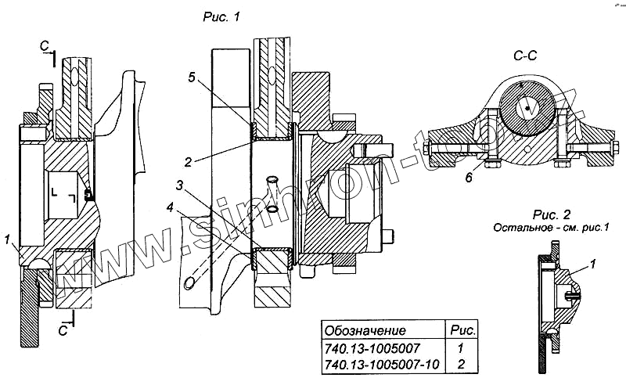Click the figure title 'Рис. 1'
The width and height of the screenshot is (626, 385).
pyautogui.click(x=221, y=17)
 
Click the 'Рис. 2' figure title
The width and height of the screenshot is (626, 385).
pyautogui.click(x=552, y=214)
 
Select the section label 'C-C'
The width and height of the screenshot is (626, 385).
pyautogui.click(x=525, y=56)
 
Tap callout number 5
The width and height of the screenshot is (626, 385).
pyautogui.click(x=192, y=77)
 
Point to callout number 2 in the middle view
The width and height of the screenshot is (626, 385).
pyautogui.click(x=188, y=162)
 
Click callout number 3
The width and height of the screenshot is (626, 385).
pyautogui.click(x=180, y=185)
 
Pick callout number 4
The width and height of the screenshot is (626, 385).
pyautogui.click(x=170, y=207)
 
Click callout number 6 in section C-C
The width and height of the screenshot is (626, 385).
pyautogui.click(x=469, y=177)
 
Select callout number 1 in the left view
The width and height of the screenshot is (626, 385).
pyautogui.click(x=7, y=239)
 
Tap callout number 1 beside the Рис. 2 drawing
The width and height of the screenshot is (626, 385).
pyautogui.click(x=593, y=264)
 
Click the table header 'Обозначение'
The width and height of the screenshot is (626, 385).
pyautogui.click(x=365, y=331)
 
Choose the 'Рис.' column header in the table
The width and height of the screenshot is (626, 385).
pyautogui.click(x=462, y=330)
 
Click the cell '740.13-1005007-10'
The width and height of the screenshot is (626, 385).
pyautogui.click(x=382, y=364)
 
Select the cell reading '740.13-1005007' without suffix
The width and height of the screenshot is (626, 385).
pyautogui.click(x=372, y=348)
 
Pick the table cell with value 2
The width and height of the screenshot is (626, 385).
pyautogui.click(x=462, y=364)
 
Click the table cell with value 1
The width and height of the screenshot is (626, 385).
pyautogui.click(x=460, y=348)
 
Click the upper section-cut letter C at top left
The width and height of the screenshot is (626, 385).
pyautogui.click(x=45, y=47)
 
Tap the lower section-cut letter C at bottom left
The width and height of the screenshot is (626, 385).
pyautogui.click(x=63, y=331)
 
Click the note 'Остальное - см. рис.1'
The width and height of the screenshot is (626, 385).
pyautogui.click(x=552, y=228)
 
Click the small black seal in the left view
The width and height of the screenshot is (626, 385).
pyautogui.click(x=88, y=195)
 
